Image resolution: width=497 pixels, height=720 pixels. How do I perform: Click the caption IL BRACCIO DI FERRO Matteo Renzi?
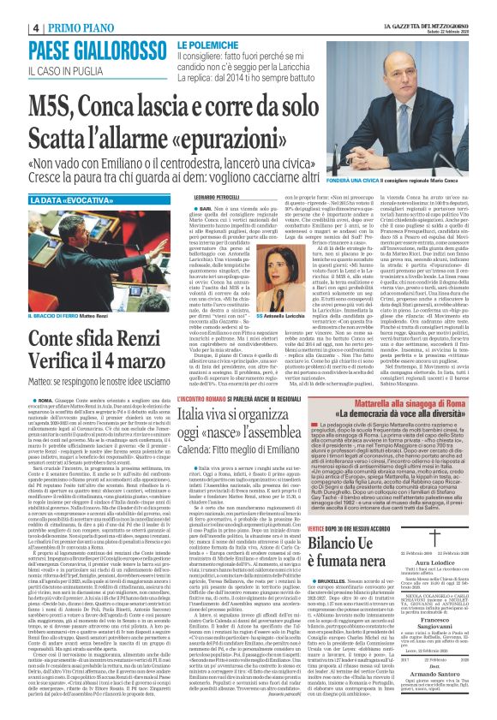[x=68, y=291]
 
